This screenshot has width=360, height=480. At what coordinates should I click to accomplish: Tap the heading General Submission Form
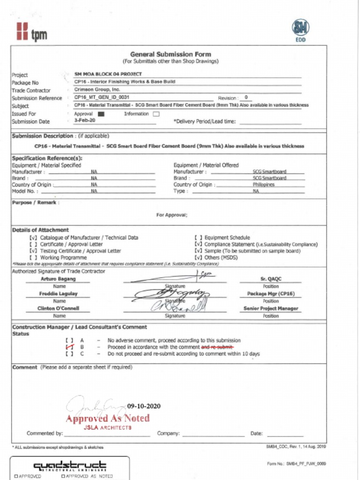(171, 54)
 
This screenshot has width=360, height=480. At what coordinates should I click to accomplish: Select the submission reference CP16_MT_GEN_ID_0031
(102, 97)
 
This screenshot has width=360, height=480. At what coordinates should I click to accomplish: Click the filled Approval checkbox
(101, 114)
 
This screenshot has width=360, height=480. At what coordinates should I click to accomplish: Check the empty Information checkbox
(156, 114)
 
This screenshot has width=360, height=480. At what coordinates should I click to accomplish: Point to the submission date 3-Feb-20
(85, 120)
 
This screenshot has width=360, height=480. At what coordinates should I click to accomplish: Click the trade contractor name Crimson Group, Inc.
(97, 90)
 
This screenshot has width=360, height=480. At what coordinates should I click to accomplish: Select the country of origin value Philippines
(263, 185)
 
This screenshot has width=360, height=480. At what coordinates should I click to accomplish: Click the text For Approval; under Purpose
(172, 215)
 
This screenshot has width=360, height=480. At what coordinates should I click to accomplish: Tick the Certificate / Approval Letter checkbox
(33, 244)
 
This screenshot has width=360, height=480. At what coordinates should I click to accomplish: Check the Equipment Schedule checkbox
(198, 238)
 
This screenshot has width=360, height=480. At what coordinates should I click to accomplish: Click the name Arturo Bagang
(58, 279)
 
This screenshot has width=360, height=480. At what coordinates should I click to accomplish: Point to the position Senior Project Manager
(271, 309)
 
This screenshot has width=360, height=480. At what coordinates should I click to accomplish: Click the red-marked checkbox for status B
(70, 347)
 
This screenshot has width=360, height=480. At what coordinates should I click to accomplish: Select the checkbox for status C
(70, 354)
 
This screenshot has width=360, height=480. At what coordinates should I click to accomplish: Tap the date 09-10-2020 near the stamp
(144, 406)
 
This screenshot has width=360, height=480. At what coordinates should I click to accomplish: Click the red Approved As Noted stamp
(108, 419)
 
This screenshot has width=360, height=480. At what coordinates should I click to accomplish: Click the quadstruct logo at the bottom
(69, 466)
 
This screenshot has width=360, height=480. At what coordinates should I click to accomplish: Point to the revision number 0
(246, 97)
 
